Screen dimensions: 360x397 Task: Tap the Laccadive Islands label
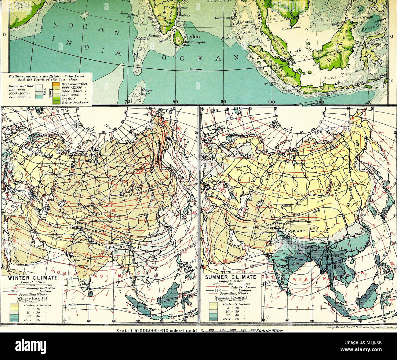tap(128, 14)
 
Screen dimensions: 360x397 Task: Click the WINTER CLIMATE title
tap(32, 278)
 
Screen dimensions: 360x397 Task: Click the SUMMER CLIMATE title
tap(231, 277)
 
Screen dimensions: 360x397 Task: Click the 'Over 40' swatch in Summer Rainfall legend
tap(213, 318)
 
